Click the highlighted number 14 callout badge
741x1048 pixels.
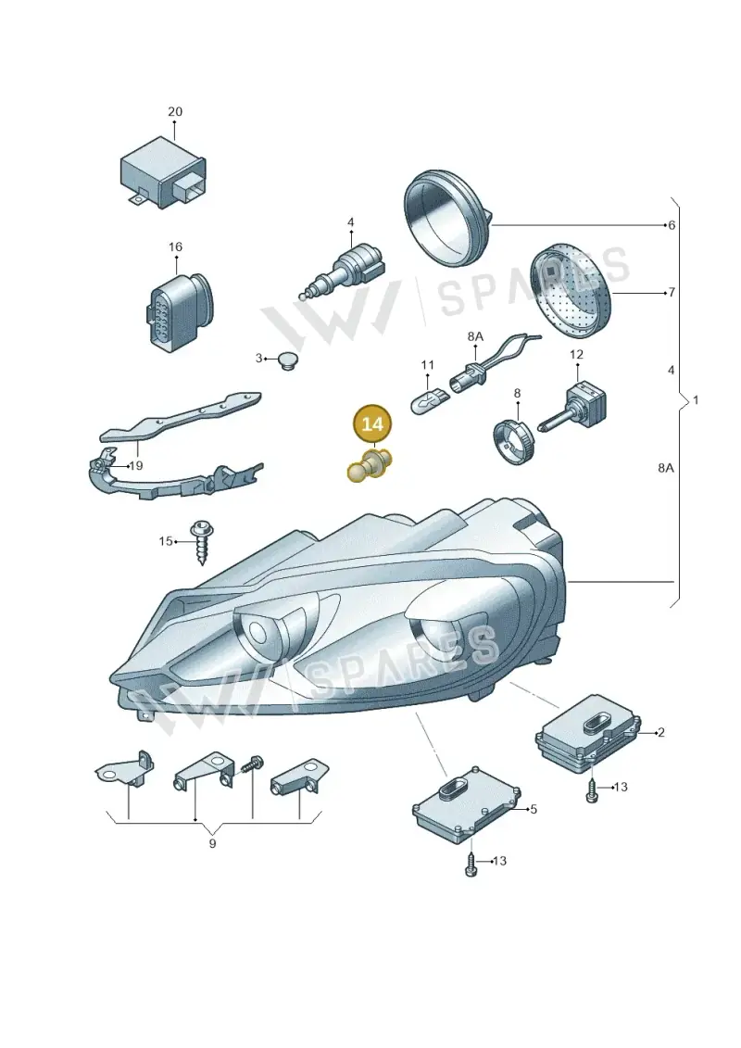[x=373, y=423]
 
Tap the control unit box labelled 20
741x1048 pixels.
[x=163, y=172]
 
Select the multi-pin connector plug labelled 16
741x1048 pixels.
[x=178, y=309]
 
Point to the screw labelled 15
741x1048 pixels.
[x=202, y=541]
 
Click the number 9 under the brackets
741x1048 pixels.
[x=212, y=843]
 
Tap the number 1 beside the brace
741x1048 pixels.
[x=696, y=399]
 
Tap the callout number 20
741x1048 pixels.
[x=174, y=111]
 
